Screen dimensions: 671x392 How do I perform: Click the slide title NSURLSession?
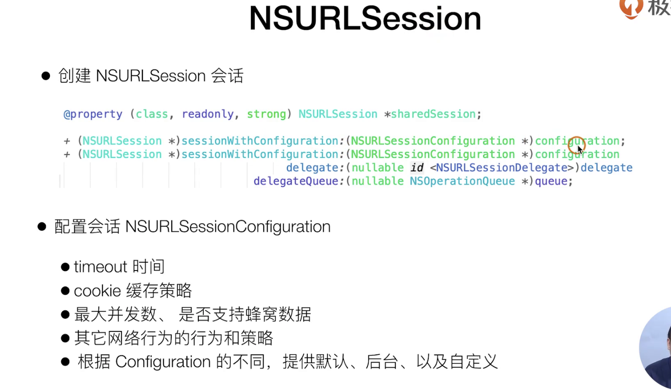coord(365,19)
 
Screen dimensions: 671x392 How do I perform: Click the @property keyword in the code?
coord(93,114)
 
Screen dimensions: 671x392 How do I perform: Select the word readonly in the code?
coord(207,114)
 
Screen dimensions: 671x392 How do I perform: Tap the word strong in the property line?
coord(266,114)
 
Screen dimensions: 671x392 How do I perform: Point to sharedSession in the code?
coord(433,114)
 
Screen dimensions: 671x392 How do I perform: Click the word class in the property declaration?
coord(152,114)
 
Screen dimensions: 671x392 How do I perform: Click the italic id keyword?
coord(417,167)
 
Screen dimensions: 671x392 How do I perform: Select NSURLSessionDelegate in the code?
coord(502,167)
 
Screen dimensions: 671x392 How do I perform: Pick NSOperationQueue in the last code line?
coord(462,181)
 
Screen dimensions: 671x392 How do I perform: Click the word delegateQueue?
coord(296,181)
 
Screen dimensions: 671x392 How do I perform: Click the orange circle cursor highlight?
coord(576,145)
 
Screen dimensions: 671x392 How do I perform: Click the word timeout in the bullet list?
coord(100,267)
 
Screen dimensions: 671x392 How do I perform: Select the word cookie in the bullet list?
coord(98,291)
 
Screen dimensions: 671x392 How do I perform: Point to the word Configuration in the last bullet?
coord(163,362)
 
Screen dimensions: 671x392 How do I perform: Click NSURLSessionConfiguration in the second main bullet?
coord(228,227)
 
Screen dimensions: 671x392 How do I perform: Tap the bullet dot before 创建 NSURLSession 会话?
coord(46,76)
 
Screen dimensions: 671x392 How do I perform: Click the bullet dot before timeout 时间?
coord(65,267)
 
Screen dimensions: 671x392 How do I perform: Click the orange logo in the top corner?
coord(631,8)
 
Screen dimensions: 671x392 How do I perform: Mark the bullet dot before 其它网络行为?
coord(65,338)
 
